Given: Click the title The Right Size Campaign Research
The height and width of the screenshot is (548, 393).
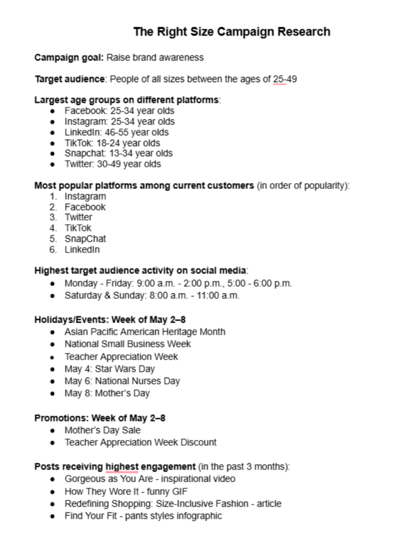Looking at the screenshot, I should pos(231,32).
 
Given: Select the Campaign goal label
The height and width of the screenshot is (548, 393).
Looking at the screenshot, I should pos(69,57).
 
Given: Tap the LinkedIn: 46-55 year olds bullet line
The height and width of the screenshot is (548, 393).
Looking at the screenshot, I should pos(116,132).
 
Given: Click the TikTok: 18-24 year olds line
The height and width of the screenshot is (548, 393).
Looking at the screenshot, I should pos(112,143).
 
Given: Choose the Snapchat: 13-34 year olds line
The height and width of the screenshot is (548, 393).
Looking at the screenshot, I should pos(118,154).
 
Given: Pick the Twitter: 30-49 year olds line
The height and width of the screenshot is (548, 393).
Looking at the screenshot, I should pos(112,164).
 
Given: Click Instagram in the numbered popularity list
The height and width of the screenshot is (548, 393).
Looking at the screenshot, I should pos(85,196).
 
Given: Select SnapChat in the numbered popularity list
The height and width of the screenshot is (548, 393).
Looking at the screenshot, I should pos(85,239).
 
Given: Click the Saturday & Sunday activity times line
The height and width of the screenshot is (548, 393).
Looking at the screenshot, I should pos(152,295).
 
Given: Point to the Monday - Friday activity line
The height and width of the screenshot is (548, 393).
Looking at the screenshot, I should pos(178,284).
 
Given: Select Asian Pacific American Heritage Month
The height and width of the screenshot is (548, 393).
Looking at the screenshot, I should pos(145,332).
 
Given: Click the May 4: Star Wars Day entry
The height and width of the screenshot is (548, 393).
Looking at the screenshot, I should pos(110,369).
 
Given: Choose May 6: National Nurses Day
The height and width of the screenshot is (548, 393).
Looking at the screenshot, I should pos(122,381).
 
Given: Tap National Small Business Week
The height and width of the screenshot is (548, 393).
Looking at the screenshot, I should pos(127,344).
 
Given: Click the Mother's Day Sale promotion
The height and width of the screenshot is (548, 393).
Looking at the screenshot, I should pos(102,430).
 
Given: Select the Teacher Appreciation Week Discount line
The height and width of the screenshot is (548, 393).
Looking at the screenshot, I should pos(140,443).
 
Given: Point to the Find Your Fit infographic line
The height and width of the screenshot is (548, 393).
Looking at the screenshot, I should pos(143,516).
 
